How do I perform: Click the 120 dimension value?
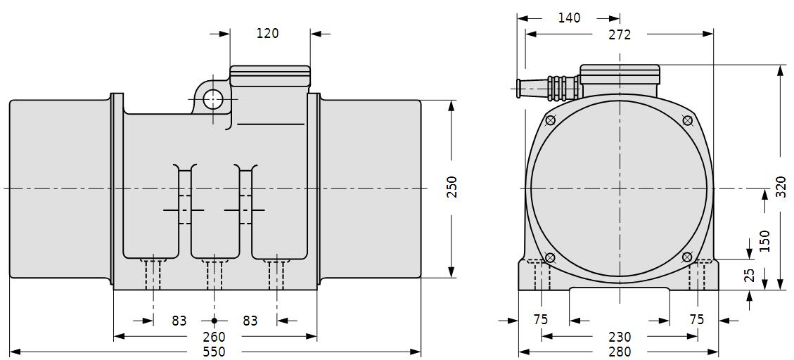point(267,34)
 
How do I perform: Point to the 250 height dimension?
point(452,187)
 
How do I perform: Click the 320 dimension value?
point(781,186)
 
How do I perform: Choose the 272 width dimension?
point(620,34)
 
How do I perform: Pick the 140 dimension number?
point(569,18)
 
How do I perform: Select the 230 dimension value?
point(620,337)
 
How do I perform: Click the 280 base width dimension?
point(620,352)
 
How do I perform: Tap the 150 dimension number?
point(764,241)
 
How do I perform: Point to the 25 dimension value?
point(750,275)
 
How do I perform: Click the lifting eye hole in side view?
point(213,99)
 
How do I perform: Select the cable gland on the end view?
point(548,86)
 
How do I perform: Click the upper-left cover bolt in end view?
point(551,120)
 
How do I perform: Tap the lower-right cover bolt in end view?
point(687,257)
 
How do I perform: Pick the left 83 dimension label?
point(179,321)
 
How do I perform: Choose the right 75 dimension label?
point(697,319)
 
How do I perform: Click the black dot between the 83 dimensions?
point(214,321)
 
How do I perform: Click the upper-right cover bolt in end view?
point(687,120)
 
